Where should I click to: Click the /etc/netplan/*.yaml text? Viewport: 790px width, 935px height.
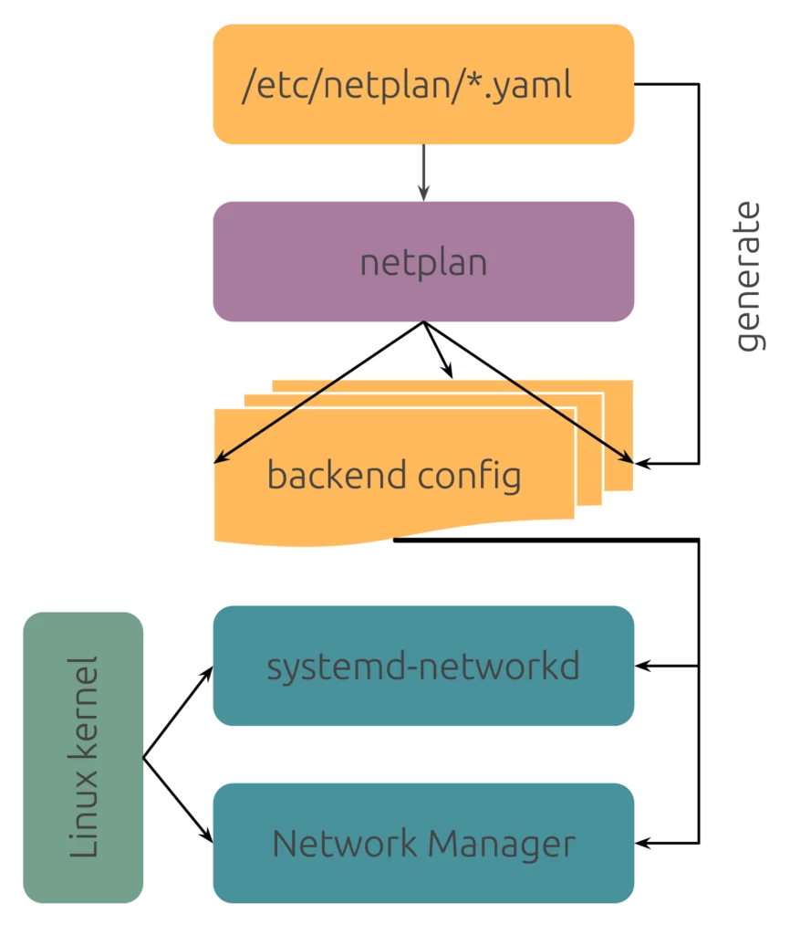click(407, 86)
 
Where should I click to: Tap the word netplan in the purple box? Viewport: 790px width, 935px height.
click(423, 263)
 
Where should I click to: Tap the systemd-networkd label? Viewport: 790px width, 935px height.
click(423, 667)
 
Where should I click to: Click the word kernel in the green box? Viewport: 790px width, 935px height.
click(83, 706)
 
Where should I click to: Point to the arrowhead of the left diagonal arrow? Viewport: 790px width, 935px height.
click(218, 460)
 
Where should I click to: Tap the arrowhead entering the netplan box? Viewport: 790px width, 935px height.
click(423, 194)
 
